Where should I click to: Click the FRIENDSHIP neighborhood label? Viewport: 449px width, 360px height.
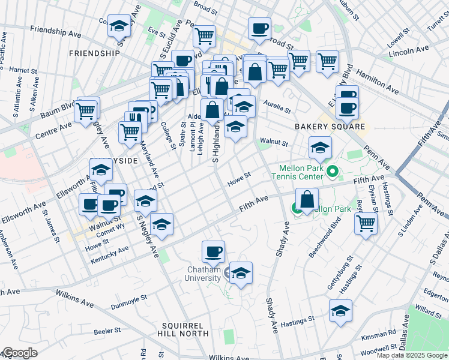(94, 53)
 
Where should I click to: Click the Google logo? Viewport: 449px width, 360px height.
(19, 353)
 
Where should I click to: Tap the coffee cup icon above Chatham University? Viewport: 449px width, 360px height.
(212, 251)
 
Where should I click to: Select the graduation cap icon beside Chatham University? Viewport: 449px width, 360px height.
(241, 273)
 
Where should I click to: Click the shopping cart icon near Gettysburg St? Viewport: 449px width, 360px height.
(366, 223)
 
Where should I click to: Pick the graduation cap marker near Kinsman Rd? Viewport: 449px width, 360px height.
(340, 311)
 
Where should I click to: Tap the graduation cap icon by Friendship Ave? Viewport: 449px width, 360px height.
(119, 26)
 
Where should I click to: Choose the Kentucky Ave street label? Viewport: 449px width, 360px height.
(109, 254)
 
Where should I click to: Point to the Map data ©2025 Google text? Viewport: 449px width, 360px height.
(412, 355)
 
